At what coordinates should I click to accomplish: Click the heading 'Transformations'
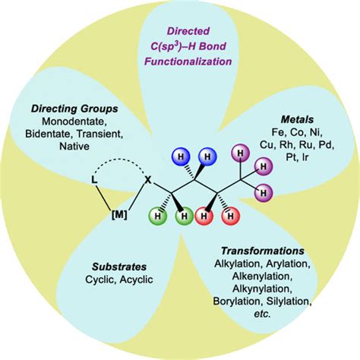tap(263, 250)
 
